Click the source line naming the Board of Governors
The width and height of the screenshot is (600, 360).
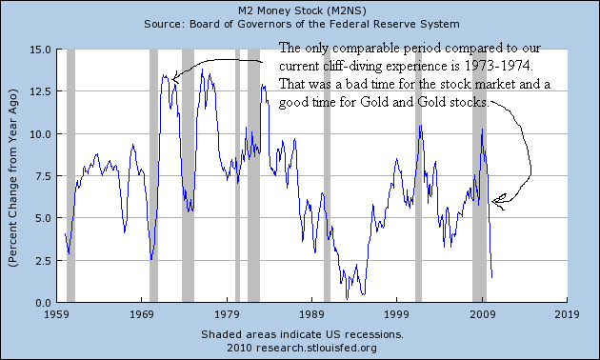pyautogui.click(x=300, y=23)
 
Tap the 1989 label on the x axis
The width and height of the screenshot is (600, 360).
pyautogui.click(x=312, y=313)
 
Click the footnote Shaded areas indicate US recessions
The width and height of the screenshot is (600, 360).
pyautogui.click(x=301, y=335)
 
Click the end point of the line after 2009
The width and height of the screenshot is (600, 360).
pyautogui.click(x=491, y=277)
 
